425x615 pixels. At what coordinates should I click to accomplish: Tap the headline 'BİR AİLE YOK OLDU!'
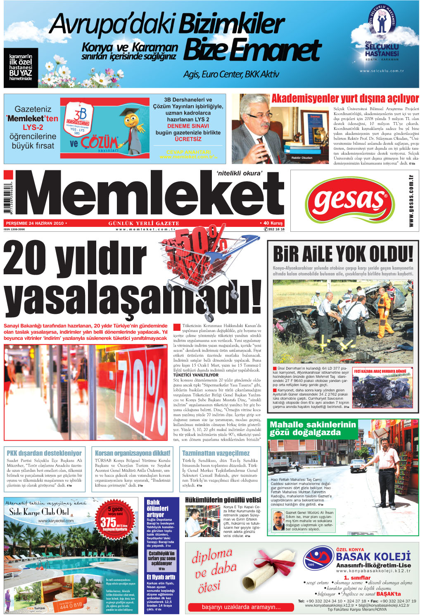343,254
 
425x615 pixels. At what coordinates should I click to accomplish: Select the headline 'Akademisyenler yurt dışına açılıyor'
345,99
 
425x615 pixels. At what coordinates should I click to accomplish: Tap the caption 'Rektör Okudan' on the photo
302,158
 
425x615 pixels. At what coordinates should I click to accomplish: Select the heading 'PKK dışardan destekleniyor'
44,453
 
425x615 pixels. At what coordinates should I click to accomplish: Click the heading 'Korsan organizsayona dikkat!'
133,453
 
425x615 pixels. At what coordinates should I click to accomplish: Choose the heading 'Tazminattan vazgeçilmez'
216,453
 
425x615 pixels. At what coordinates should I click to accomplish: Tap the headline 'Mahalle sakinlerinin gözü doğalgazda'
312,429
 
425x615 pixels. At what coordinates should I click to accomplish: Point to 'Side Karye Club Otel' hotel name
39,512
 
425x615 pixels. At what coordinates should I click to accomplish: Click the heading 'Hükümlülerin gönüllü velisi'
223,500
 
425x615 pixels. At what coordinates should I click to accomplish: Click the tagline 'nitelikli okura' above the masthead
239,173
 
